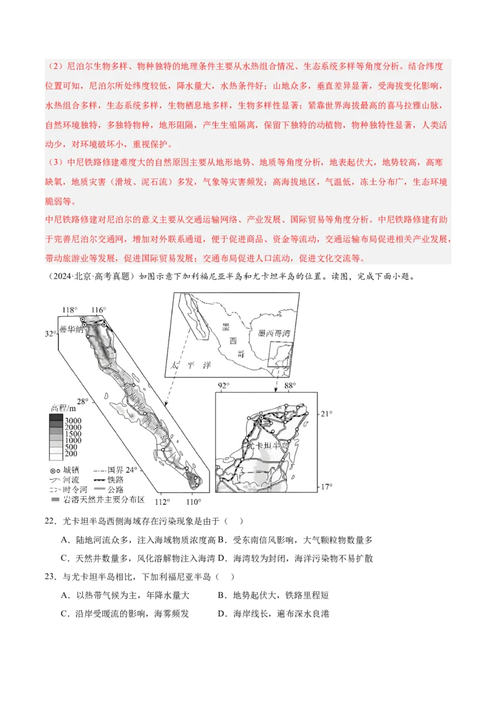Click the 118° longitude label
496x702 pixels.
tap(69, 309)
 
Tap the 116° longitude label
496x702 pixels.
tap(99, 309)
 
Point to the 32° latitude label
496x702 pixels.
tap(50, 334)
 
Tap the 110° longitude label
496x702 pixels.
tap(193, 502)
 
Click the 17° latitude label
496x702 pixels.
tap(327, 487)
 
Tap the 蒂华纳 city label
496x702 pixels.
tap(71, 329)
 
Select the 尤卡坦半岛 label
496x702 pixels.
tap(265, 445)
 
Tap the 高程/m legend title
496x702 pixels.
tap(63, 408)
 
